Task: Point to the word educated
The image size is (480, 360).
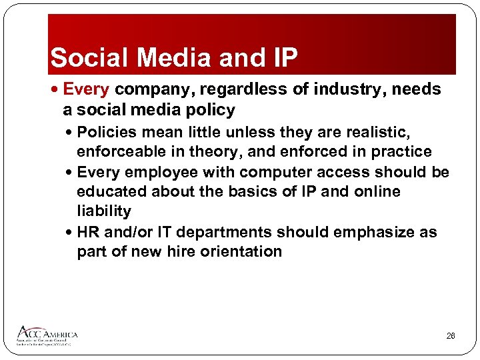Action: click(x=112, y=191)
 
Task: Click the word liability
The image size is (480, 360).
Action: click(x=104, y=211)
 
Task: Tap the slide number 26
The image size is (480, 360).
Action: click(x=451, y=336)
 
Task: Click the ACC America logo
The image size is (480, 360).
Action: click(x=47, y=335)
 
